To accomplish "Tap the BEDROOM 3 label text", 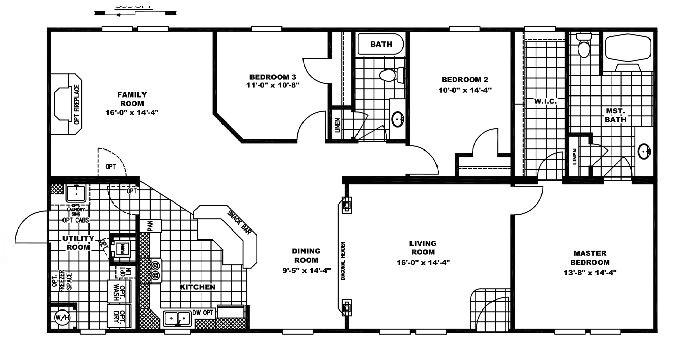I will point(273,76).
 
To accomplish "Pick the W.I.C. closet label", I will point(544,101).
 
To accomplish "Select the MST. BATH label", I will point(615,115).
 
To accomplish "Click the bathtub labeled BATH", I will point(380,45).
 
